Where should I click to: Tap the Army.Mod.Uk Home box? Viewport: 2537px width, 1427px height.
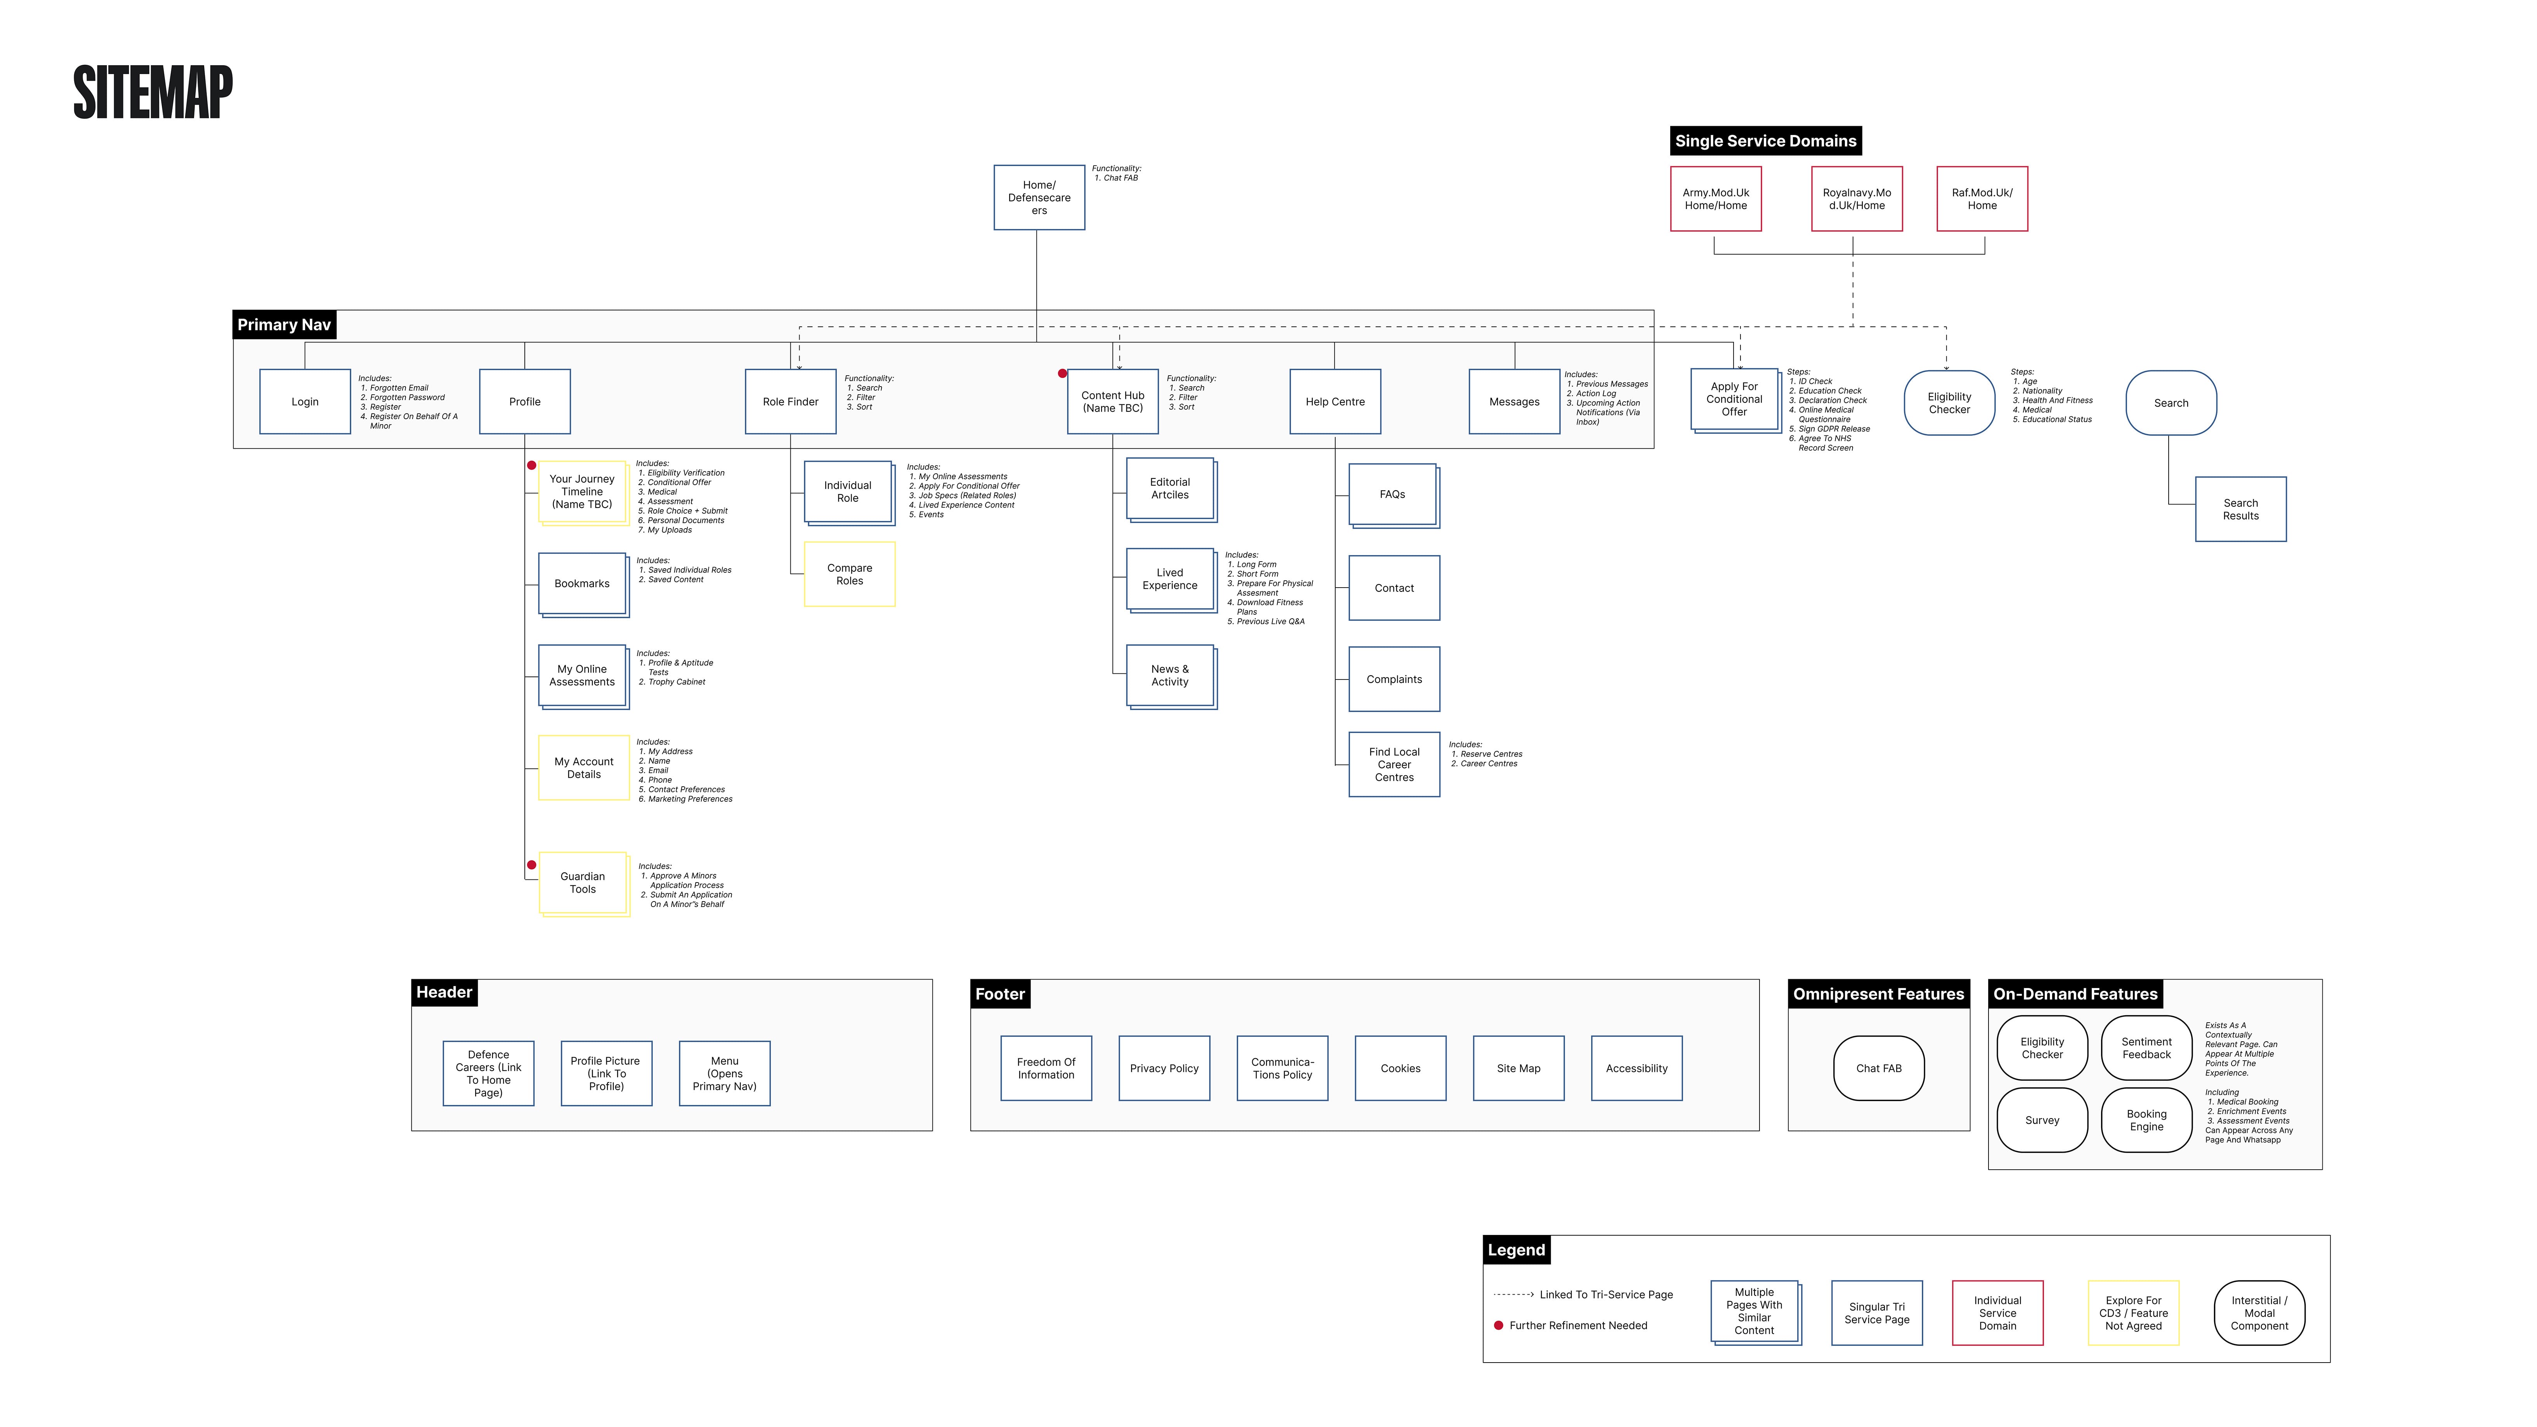click(x=1716, y=199)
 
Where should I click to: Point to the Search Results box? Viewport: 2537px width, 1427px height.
click(x=2240, y=509)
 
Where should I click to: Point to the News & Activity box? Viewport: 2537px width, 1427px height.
click(x=1170, y=676)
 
